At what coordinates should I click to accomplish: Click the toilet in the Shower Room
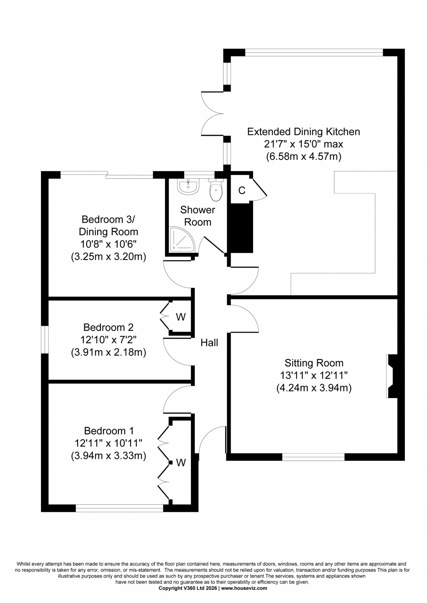216,190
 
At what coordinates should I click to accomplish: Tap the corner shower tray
180,240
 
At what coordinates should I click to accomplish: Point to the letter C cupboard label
241,190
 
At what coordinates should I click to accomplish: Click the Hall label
209,343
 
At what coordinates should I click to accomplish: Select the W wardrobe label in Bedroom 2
181,317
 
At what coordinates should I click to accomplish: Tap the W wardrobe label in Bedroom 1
181,462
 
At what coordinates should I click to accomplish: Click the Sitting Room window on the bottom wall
314,457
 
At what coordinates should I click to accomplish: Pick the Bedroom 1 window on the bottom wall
120,508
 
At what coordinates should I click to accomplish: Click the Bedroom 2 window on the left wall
44,340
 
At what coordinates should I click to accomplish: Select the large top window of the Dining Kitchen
314,52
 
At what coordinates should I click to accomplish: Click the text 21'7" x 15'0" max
304,144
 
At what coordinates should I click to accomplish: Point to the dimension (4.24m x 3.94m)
314,388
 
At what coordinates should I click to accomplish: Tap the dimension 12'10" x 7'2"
108,340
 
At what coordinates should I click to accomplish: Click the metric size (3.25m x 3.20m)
108,257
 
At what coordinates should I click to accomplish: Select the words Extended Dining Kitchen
304,132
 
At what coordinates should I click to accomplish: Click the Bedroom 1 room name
108,431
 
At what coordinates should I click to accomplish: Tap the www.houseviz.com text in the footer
244,588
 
